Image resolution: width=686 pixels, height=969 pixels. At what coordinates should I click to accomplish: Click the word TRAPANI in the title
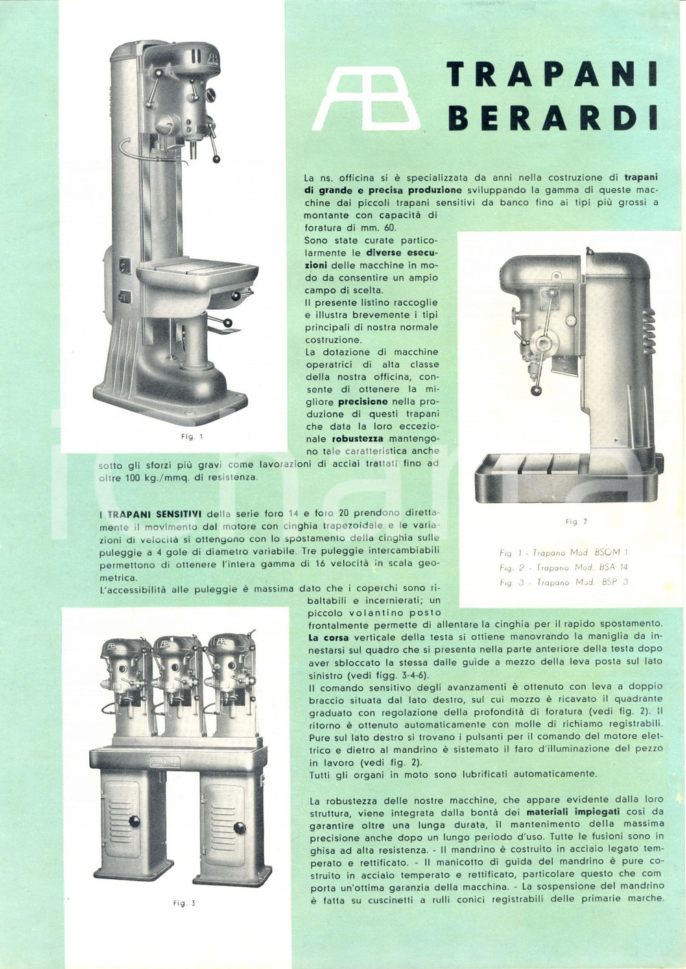click(x=552, y=74)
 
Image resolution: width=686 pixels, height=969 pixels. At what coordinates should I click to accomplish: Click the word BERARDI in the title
click(x=552, y=117)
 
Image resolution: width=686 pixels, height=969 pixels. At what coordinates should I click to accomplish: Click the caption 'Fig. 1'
click(x=192, y=436)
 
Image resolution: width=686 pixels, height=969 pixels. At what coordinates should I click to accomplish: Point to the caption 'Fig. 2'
click(x=576, y=522)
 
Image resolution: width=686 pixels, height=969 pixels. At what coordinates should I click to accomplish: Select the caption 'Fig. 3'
click(x=184, y=903)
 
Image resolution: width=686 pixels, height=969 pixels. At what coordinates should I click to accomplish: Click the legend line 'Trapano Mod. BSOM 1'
click(x=563, y=552)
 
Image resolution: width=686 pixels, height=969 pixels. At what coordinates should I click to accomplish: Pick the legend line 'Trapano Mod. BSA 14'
click(x=563, y=567)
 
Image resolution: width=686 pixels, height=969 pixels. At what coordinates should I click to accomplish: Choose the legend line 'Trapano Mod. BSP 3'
click(x=563, y=582)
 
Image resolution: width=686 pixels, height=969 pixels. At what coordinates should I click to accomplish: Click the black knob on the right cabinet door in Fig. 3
click(x=239, y=828)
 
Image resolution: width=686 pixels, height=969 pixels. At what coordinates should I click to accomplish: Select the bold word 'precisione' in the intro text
click(x=363, y=401)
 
